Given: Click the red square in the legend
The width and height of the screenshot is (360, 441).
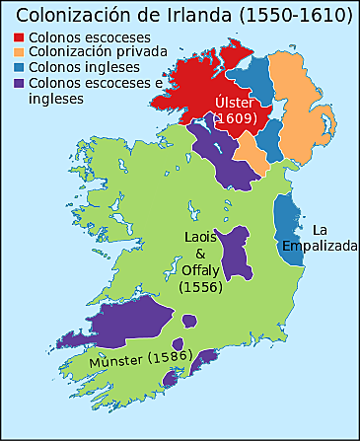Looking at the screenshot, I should click(20, 38).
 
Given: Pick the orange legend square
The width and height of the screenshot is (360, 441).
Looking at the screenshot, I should click(20, 53).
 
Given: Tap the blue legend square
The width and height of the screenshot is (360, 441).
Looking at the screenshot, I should click(20, 68).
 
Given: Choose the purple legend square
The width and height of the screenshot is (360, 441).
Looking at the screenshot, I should click(20, 83).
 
